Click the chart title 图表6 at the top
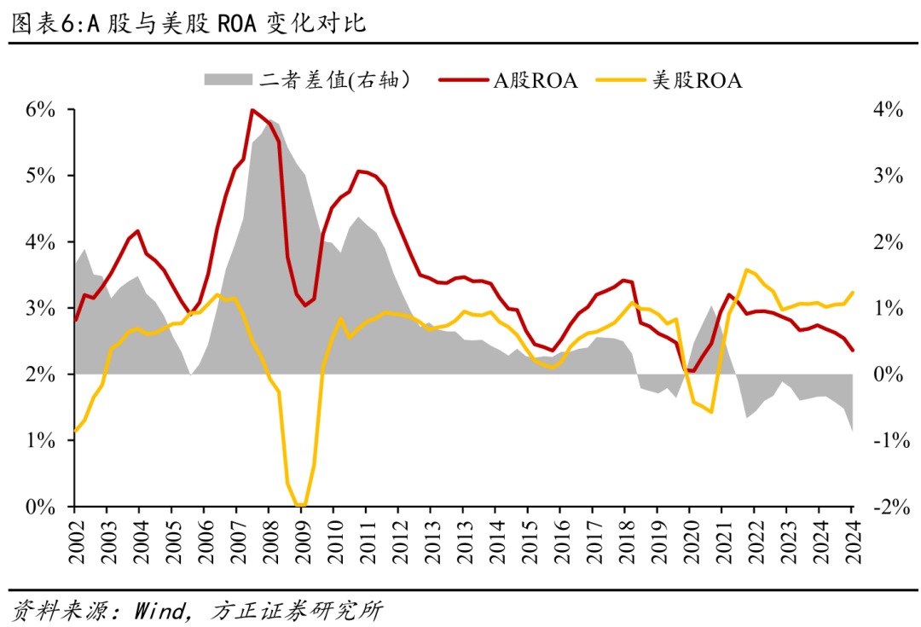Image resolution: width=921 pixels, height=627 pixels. pyautogui.click(x=188, y=23)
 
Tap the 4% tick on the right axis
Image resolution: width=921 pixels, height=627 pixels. pyautogui.click(x=886, y=109)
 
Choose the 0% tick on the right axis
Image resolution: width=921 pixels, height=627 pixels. pyautogui.click(x=886, y=374)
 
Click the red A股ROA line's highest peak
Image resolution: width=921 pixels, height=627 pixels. pyautogui.click(x=252, y=110)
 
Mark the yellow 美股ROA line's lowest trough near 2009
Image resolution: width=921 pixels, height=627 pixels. pyautogui.click(x=300, y=505)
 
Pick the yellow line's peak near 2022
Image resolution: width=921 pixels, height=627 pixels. pyautogui.click(x=746, y=270)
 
